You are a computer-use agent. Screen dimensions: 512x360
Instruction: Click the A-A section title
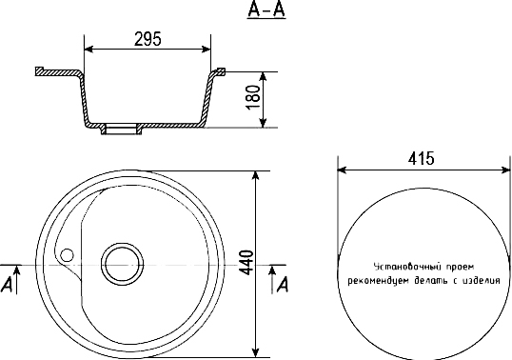point(266,9)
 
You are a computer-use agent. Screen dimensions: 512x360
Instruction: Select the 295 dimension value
point(148,39)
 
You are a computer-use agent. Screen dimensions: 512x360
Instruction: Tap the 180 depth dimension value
point(254,98)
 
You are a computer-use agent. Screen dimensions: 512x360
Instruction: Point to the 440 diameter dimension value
point(246,263)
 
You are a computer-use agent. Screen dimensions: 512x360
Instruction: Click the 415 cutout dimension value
point(422,158)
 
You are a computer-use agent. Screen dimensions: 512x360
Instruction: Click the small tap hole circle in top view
point(68,255)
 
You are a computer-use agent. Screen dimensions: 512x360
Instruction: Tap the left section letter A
point(7,285)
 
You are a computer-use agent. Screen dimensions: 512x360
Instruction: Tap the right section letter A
point(283,284)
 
